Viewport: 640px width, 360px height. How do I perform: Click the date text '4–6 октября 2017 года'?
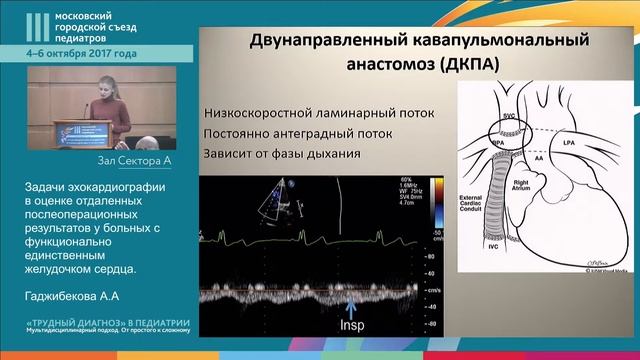tap(82, 53)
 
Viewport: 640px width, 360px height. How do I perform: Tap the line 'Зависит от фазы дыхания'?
tap(281, 155)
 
